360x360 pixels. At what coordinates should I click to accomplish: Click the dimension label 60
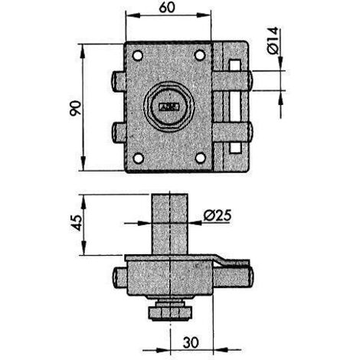click(x=167, y=8)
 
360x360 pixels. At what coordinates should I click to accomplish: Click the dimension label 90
click(x=76, y=109)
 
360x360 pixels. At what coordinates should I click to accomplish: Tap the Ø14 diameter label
click(x=273, y=41)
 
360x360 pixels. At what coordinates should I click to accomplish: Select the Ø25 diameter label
click(x=218, y=215)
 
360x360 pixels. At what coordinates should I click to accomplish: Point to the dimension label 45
click(x=76, y=223)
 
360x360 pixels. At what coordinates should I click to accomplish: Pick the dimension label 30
click(x=191, y=342)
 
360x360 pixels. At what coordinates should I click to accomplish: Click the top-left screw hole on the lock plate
click(x=138, y=55)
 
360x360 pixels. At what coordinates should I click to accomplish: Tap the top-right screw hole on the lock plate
click(x=200, y=55)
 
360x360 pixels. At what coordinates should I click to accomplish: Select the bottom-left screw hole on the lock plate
click(x=139, y=159)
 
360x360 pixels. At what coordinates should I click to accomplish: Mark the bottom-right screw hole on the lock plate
click(x=201, y=158)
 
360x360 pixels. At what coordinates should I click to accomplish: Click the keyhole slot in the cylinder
click(x=169, y=106)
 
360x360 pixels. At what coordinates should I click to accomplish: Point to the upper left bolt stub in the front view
click(x=119, y=81)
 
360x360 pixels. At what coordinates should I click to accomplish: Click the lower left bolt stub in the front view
click(x=119, y=133)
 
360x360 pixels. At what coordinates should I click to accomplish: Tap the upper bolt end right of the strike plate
click(x=250, y=80)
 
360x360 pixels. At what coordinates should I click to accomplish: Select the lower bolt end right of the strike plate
click(x=250, y=133)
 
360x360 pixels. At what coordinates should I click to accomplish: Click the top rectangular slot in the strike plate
click(x=235, y=65)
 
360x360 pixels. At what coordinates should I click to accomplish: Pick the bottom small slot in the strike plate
click(x=235, y=148)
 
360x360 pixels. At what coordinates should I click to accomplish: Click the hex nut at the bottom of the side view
click(x=169, y=313)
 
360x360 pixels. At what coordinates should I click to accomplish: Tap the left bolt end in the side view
click(x=119, y=278)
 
